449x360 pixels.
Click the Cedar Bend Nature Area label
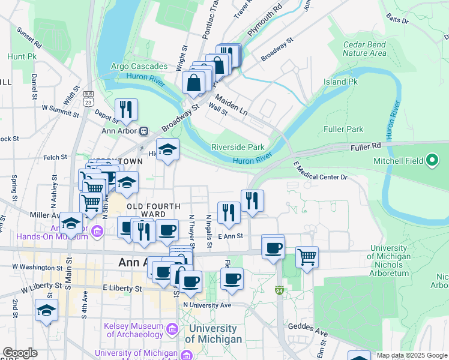coord(364,49)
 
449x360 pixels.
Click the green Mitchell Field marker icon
coord(432,160)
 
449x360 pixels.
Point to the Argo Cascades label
coord(139,65)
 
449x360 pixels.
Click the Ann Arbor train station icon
coord(143,131)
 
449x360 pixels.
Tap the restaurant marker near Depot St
coord(126,110)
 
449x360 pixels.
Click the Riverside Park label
coord(238,147)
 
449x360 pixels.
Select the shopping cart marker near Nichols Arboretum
coord(307,257)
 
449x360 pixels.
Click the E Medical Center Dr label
coord(321,170)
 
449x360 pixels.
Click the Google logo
coord(20,353)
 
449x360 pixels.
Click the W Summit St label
coord(59,107)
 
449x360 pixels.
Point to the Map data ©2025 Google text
coord(411,355)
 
